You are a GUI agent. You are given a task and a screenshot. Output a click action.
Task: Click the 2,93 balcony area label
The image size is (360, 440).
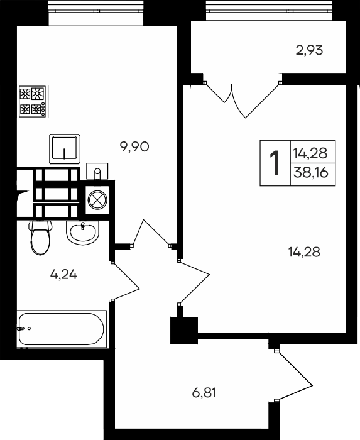(308, 50)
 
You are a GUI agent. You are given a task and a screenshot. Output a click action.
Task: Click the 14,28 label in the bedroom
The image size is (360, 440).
(304, 253)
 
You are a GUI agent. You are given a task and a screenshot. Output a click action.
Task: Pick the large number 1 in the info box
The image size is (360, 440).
(275, 163)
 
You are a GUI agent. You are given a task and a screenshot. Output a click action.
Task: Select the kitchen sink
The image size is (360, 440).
(65, 149)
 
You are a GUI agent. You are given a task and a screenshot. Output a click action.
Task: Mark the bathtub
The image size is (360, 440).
(60, 327)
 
